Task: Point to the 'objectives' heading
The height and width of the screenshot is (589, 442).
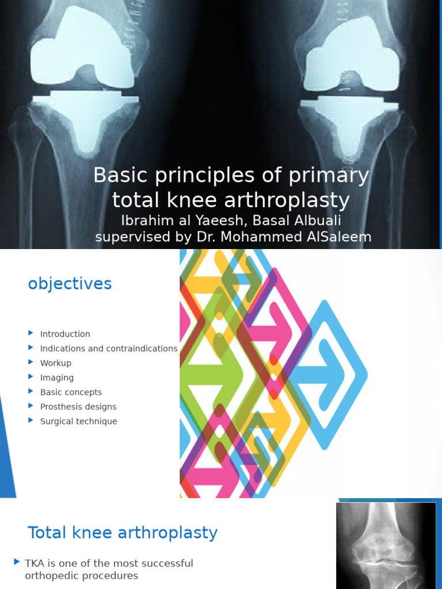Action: click(70, 284)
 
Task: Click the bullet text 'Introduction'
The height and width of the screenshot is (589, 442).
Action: click(65, 334)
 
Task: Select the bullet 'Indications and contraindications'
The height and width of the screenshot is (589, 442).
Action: click(109, 349)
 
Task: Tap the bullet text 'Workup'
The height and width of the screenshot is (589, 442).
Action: click(56, 363)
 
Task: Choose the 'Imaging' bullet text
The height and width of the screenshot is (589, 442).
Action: click(57, 378)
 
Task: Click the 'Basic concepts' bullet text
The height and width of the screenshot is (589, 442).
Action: click(71, 392)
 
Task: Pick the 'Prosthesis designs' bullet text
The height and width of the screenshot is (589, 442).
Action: click(78, 407)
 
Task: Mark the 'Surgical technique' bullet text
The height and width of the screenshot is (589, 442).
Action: click(78, 422)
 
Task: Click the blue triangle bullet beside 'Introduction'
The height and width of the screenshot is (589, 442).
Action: click(31, 334)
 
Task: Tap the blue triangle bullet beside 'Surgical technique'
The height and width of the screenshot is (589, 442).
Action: click(31, 421)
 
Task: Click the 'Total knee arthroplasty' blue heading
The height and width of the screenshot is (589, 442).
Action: click(123, 533)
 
